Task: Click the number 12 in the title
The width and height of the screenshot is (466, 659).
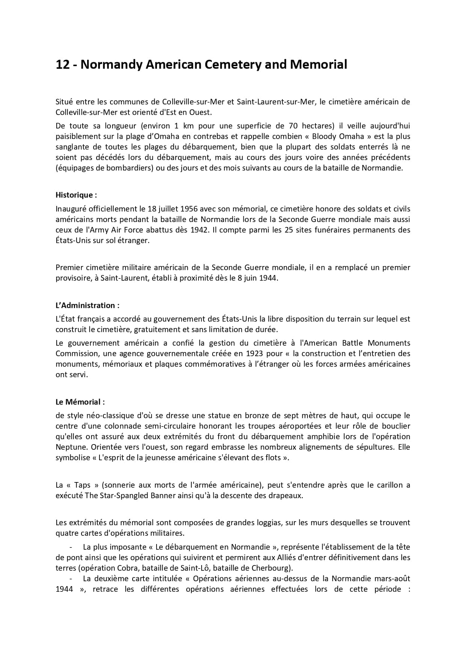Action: [62, 65]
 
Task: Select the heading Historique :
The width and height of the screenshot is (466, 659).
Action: [76, 195]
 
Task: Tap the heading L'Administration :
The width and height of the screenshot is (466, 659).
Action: [87, 305]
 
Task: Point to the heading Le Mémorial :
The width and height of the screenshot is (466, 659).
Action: [80, 402]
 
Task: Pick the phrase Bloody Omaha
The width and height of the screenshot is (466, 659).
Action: [338, 136]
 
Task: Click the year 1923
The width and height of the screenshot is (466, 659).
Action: [255, 354]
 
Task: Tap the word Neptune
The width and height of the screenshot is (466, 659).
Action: [72, 447]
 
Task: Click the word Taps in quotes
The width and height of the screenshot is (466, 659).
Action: [82, 485]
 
